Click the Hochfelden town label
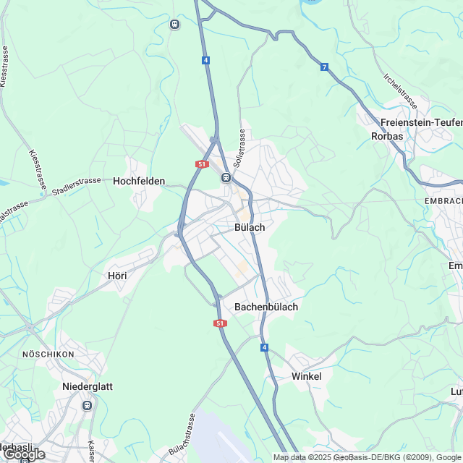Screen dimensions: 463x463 pyautogui.click(x=139, y=182)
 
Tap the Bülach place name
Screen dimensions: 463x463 pyautogui.click(x=250, y=227)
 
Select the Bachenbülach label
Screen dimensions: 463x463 pyautogui.click(x=266, y=307)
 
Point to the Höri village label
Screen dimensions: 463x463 pyautogui.click(x=117, y=276)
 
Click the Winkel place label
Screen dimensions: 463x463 pyautogui.click(x=306, y=376)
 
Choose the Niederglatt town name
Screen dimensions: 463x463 pyautogui.click(x=87, y=386)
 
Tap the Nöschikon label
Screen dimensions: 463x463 pyautogui.click(x=48, y=354)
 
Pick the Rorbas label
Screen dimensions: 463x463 pyautogui.click(x=387, y=136)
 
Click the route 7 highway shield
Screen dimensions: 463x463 pyautogui.click(x=325, y=67)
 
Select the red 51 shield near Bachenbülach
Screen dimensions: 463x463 pyautogui.click(x=220, y=323)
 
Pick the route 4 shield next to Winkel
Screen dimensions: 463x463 pyautogui.click(x=265, y=348)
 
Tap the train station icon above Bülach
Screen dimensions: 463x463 pyautogui.click(x=226, y=177)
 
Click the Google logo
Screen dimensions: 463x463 pyautogui.click(x=24, y=454)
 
